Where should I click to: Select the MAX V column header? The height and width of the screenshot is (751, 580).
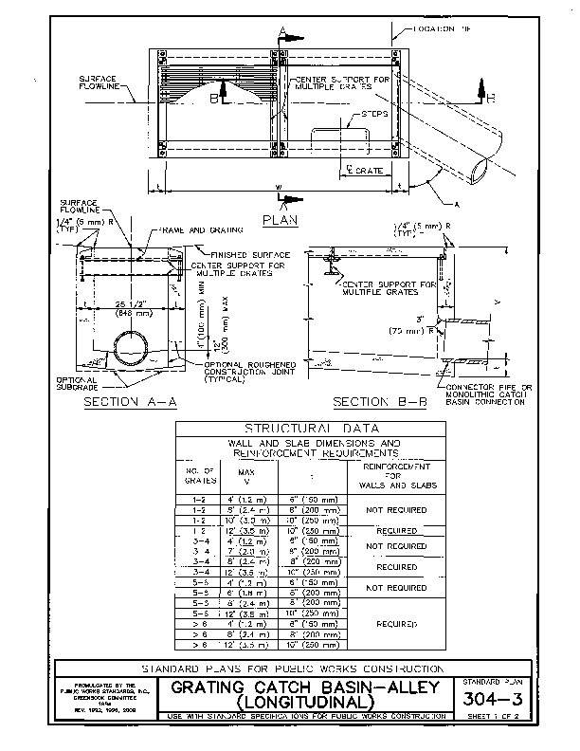coord(245,474)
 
